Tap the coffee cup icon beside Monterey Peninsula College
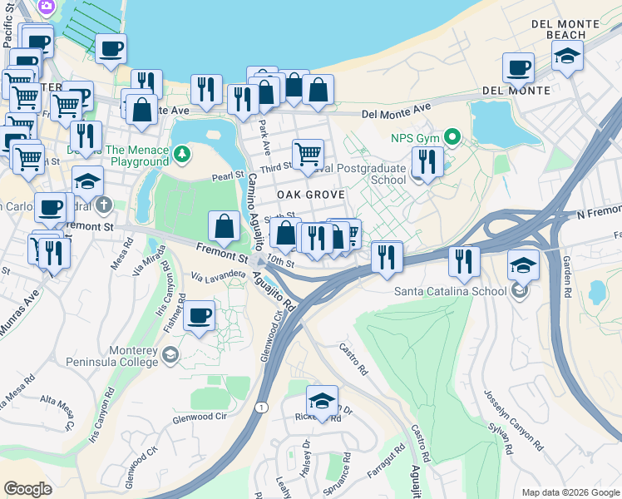(199, 316)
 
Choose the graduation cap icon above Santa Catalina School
(522, 265)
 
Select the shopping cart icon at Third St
(308, 154)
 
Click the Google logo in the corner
(27, 489)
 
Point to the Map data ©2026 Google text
(570, 492)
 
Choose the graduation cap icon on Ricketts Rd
(322, 399)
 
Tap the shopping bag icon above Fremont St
(225, 225)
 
